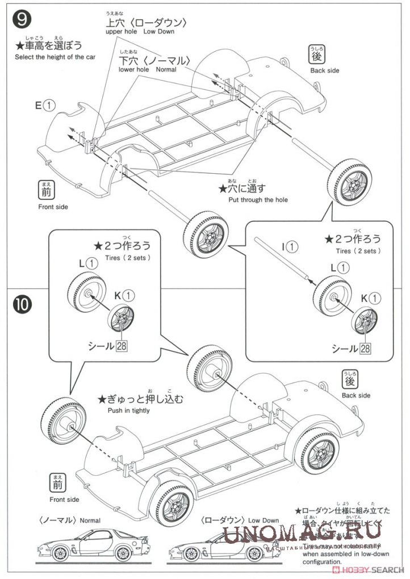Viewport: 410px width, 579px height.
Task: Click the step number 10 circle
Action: pyautogui.click(x=23, y=304)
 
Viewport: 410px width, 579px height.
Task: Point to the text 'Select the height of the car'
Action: pyautogui.click(x=55, y=57)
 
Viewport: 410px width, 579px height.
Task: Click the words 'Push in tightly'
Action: pyautogui.click(x=128, y=410)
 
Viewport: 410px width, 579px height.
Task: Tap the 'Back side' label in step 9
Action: pyautogui.click(x=325, y=70)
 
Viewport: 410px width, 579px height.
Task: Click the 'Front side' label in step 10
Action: pyautogui.click(x=64, y=500)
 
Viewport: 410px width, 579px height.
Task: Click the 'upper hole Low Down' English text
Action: pyautogui.click(x=140, y=32)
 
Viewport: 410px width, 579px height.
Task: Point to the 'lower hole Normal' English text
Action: pyautogui.click(x=148, y=69)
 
